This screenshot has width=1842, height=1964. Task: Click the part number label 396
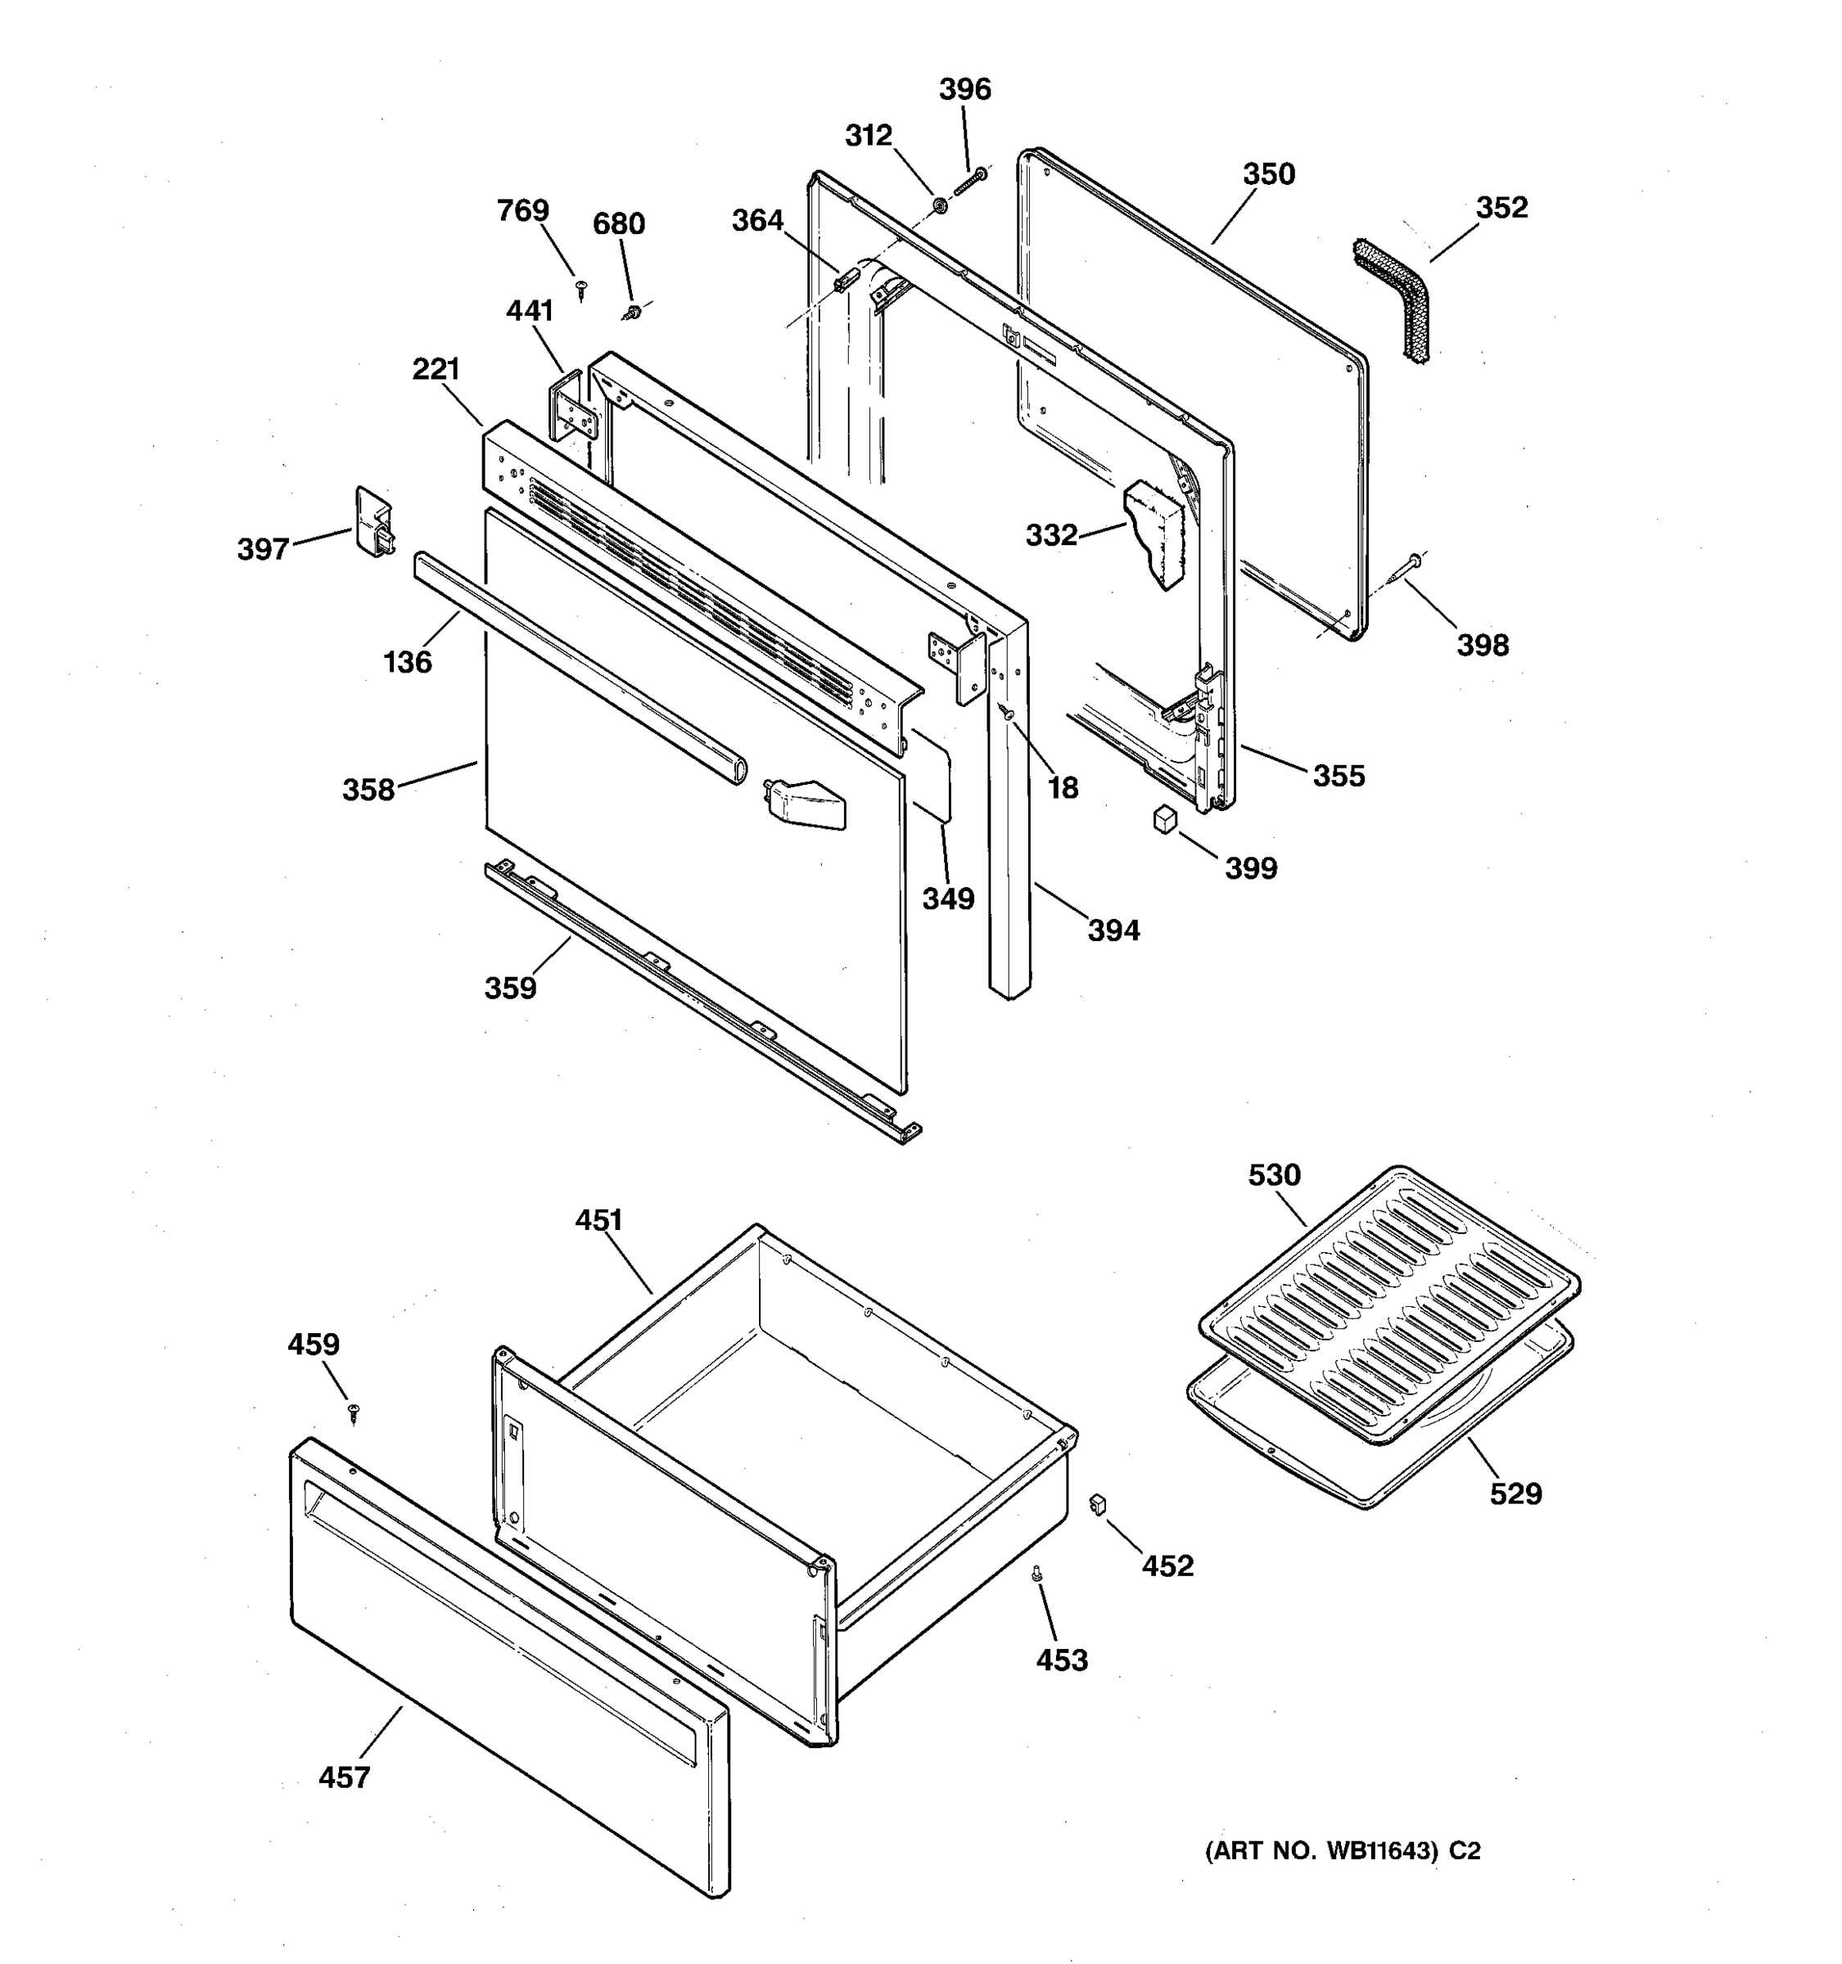pyautogui.click(x=964, y=90)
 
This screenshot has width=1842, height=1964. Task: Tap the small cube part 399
pyautogui.click(x=1166, y=818)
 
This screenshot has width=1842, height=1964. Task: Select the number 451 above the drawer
pyautogui.click(x=598, y=1220)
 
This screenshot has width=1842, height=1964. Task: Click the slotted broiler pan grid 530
pyautogui.click(x=1388, y=1304)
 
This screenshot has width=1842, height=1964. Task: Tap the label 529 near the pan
pyautogui.click(x=1515, y=1493)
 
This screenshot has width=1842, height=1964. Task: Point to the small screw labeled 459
pyautogui.click(x=353, y=1414)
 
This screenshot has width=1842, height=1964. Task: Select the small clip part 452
pyautogui.click(x=1095, y=1503)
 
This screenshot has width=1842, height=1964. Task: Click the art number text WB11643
pyautogui.click(x=1380, y=1851)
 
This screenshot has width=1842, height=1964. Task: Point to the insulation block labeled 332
pyautogui.click(x=1154, y=534)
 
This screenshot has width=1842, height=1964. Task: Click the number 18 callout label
pyautogui.click(x=1063, y=787)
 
